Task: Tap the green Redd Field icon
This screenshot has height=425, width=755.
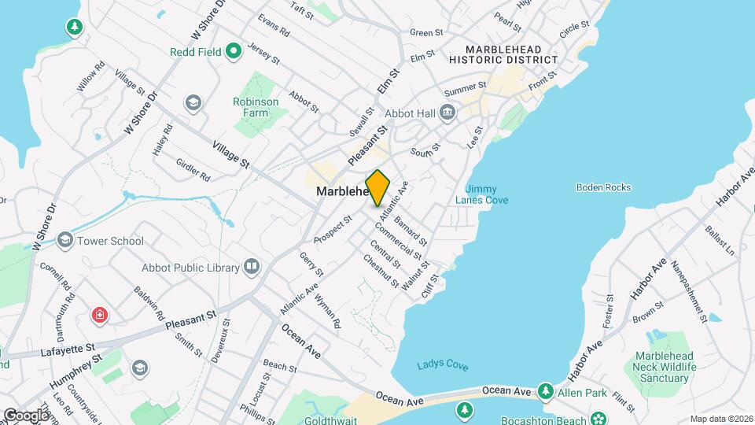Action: (233, 53)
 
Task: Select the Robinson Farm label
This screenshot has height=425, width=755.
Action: (256, 107)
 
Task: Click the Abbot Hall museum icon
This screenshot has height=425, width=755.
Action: (447, 113)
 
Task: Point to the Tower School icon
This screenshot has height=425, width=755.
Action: (64, 241)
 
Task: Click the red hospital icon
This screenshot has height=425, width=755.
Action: (100, 316)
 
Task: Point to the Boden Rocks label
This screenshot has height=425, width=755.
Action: (603, 187)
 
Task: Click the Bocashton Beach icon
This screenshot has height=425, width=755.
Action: (599, 417)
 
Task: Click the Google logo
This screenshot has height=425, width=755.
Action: (25, 415)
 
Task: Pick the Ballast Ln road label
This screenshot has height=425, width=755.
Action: (719, 241)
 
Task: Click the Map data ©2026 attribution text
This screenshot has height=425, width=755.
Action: (720, 419)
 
